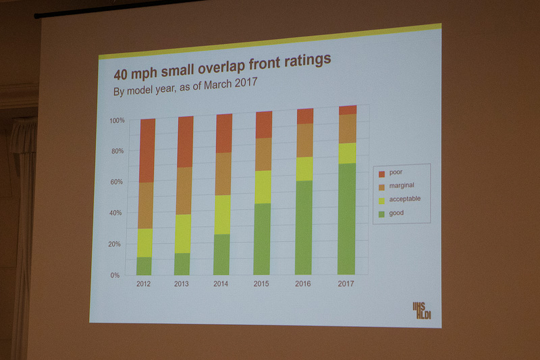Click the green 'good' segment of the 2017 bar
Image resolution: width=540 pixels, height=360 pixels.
[346, 219]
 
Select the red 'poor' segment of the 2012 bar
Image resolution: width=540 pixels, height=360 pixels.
[147, 151]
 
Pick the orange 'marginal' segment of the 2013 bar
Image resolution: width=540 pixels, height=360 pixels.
[184, 190]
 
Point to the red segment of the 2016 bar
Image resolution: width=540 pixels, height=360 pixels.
[305, 115]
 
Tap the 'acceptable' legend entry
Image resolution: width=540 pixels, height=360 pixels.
[404, 199]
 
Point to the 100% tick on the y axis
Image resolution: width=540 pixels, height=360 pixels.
[117, 120]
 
